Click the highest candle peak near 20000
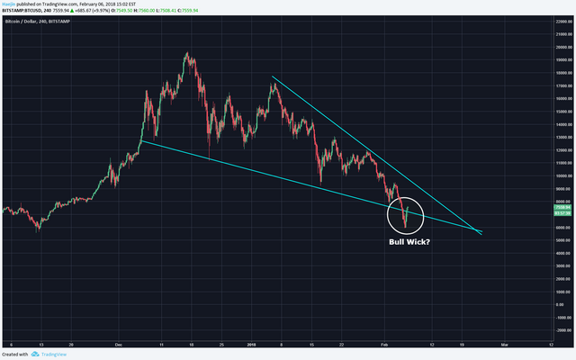coord(186,53)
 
